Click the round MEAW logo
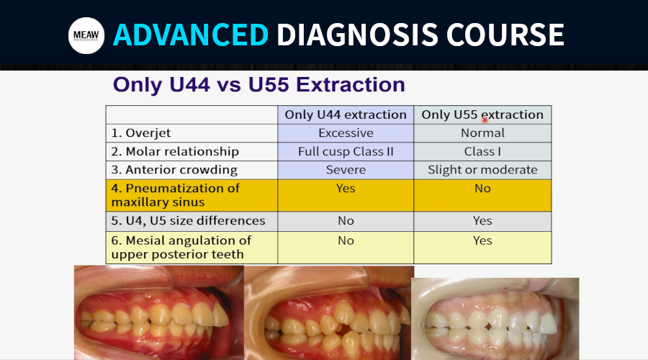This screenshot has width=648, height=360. click(x=86, y=35)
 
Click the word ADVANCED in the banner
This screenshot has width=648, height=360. click(x=191, y=35)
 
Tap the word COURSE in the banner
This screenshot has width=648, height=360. click(x=505, y=35)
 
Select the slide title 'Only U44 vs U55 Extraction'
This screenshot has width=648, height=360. click(x=258, y=85)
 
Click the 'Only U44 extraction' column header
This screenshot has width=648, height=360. click(x=346, y=114)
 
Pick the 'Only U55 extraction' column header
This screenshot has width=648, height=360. click(x=482, y=114)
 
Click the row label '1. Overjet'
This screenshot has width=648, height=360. click(x=141, y=133)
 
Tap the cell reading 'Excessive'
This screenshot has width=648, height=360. click(x=346, y=133)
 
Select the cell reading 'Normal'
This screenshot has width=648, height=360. click(x=482, y=133)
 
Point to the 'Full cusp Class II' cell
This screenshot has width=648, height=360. click(x=346, y=152)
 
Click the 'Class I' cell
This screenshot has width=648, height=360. click(x=482, y=152)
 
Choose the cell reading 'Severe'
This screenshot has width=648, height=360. click(x=346, y=170)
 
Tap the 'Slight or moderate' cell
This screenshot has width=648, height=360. click(x=482, y=170)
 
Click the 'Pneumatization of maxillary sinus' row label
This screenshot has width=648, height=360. click(x=175, y=195)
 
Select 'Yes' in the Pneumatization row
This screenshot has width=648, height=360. click(x=346, y=189)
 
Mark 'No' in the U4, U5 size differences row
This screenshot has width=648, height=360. click(x=346, y=221)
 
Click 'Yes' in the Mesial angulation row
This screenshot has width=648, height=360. click(x=482, y=240)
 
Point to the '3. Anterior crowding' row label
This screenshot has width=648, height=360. click(x=174, y=170)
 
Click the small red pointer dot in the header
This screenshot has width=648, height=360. click(x=485, y=120)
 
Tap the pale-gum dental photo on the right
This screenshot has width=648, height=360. click(x=495, y=319)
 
